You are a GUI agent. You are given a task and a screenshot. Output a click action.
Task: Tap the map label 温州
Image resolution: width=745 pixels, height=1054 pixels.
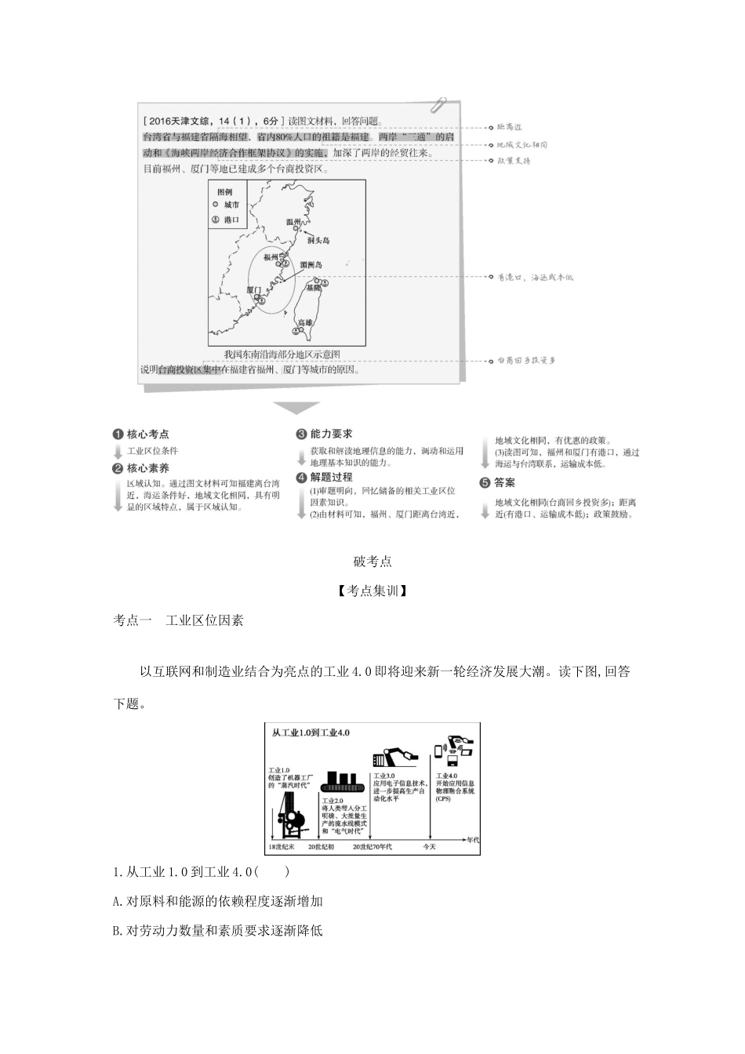point(293,223)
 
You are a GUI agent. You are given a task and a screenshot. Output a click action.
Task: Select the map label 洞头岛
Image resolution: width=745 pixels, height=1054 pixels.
point(318,240)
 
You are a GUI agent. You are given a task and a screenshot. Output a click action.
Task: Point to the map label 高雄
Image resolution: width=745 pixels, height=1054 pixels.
point(304,322)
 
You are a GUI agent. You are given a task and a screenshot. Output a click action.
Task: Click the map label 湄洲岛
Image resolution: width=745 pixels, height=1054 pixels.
point(311,266)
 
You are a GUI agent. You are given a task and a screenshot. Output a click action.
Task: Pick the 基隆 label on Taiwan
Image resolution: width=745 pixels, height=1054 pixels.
point(313,288)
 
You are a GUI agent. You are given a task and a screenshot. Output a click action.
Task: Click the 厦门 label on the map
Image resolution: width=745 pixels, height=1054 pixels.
point(253,289)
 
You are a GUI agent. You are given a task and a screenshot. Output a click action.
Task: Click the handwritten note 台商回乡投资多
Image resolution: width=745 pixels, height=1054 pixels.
point(526,361)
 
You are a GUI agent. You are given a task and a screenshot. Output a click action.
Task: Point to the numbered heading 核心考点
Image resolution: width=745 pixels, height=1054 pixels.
point(147,434)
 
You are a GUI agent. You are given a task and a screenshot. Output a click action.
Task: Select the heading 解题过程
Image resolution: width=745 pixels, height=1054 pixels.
point(331,477)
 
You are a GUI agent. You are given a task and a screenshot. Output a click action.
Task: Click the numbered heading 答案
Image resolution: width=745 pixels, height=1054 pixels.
point(505,483)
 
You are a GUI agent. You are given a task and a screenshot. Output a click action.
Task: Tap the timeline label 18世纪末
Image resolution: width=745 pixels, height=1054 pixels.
point(282,846)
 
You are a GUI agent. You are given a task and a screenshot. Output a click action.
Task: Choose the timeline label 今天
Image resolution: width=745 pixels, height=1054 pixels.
point(430,846)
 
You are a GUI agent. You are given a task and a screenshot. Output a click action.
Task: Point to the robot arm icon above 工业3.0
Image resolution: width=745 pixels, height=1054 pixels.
point(396,758)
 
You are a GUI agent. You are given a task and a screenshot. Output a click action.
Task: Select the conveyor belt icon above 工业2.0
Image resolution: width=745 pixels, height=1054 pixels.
point(341,781)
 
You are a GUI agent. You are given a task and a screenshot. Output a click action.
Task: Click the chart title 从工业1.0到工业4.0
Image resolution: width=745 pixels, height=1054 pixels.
point(311,732)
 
